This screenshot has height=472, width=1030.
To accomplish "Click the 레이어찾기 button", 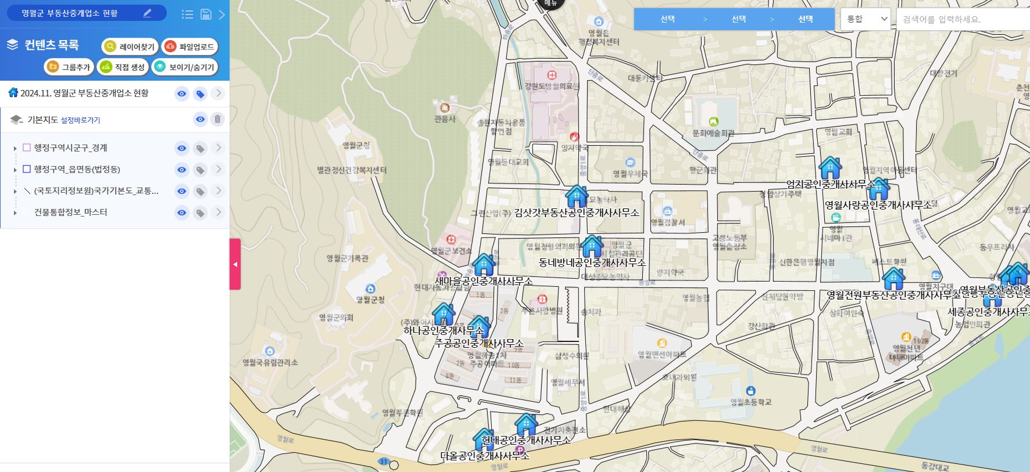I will (x=130, y=46).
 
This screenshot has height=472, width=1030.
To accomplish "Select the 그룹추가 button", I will (x=69, y=67).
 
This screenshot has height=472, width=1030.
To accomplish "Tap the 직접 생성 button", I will (x=122, y=67).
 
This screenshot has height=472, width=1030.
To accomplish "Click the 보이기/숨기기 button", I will (x=185, y=67).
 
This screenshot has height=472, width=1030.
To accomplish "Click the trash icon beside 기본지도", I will (x=217, y=120).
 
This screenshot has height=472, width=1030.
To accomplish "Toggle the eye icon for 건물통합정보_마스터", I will (x=182, y=212).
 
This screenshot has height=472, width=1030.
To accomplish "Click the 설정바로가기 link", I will (x=80, y=120).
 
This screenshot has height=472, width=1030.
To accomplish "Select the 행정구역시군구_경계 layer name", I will (x=70, y=148).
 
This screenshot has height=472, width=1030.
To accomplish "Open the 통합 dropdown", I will (x=866, y=19).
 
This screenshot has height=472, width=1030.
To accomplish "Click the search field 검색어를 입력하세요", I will (x=962, y=19).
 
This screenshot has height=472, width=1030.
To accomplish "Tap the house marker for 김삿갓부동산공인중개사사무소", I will (x=577, y=197).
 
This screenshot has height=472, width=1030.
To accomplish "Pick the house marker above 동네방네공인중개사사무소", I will (x=592, y=246).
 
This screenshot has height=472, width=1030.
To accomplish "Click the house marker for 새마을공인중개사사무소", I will (x=484, y=265).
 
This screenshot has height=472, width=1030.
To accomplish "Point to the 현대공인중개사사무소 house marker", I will (x=526, y=424).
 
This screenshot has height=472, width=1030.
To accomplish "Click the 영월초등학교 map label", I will (x=751, y=402).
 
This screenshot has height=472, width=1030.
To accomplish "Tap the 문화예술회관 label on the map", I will (x=713, y=133).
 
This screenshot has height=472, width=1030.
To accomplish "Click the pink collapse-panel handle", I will (x=235, y=264).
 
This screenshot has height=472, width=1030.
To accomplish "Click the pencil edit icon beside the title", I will (x=147, y=13).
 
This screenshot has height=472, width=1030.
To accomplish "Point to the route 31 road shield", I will (x=383, y=462).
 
